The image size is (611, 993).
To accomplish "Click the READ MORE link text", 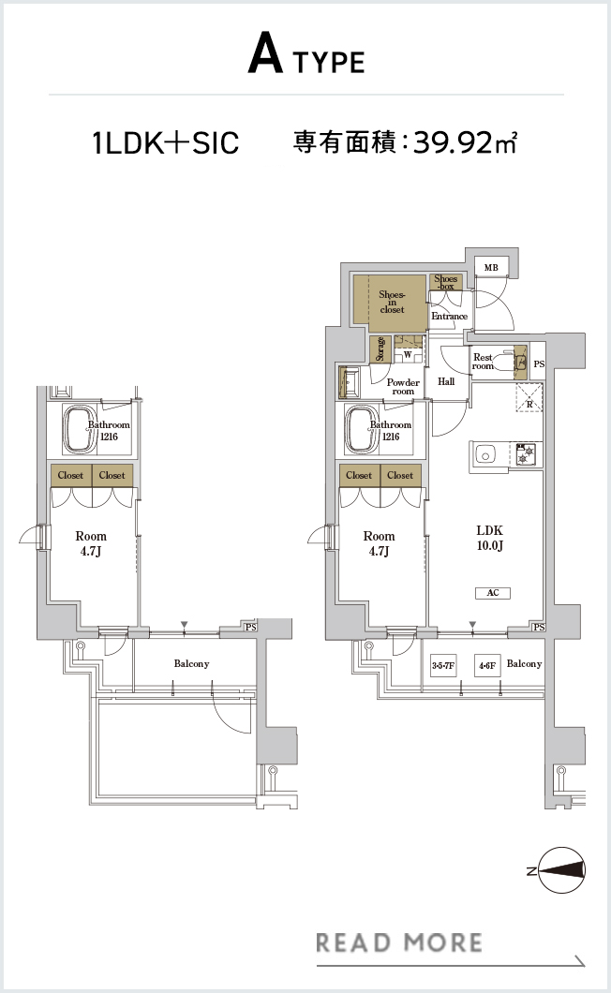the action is [x=398, y=942].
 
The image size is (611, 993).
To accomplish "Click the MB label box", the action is [x=491, y=267].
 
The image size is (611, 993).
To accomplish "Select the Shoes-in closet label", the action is [x=392, y=302].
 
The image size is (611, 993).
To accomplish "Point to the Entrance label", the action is [x=450, y=316].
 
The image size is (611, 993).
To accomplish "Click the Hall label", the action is [x=446, y=381].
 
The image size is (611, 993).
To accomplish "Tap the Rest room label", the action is [x=483, y=362].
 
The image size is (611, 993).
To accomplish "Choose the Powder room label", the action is [x=403, y=387].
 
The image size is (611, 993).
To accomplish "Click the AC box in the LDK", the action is [x=493, y=593].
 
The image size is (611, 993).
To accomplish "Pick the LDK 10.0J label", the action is [x=490, y=538].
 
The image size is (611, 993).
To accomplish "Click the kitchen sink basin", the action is [x=486, y=454].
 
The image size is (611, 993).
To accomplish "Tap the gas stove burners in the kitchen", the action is [x=526, y=454].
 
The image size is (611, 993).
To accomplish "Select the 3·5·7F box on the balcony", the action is [x=443, y=665].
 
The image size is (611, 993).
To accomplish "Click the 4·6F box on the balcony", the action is [x=487, y=665].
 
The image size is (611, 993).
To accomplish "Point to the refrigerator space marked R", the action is [x=529, y=398].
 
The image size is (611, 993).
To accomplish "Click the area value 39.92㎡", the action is [x=465, y=142].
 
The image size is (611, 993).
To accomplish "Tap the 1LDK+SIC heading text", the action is [x=166, y=142].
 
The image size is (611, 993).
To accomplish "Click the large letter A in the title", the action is [x=265, y=53].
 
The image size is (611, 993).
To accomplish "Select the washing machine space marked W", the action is [x=408, y=355].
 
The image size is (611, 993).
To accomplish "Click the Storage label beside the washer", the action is [x=380, y=348].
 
